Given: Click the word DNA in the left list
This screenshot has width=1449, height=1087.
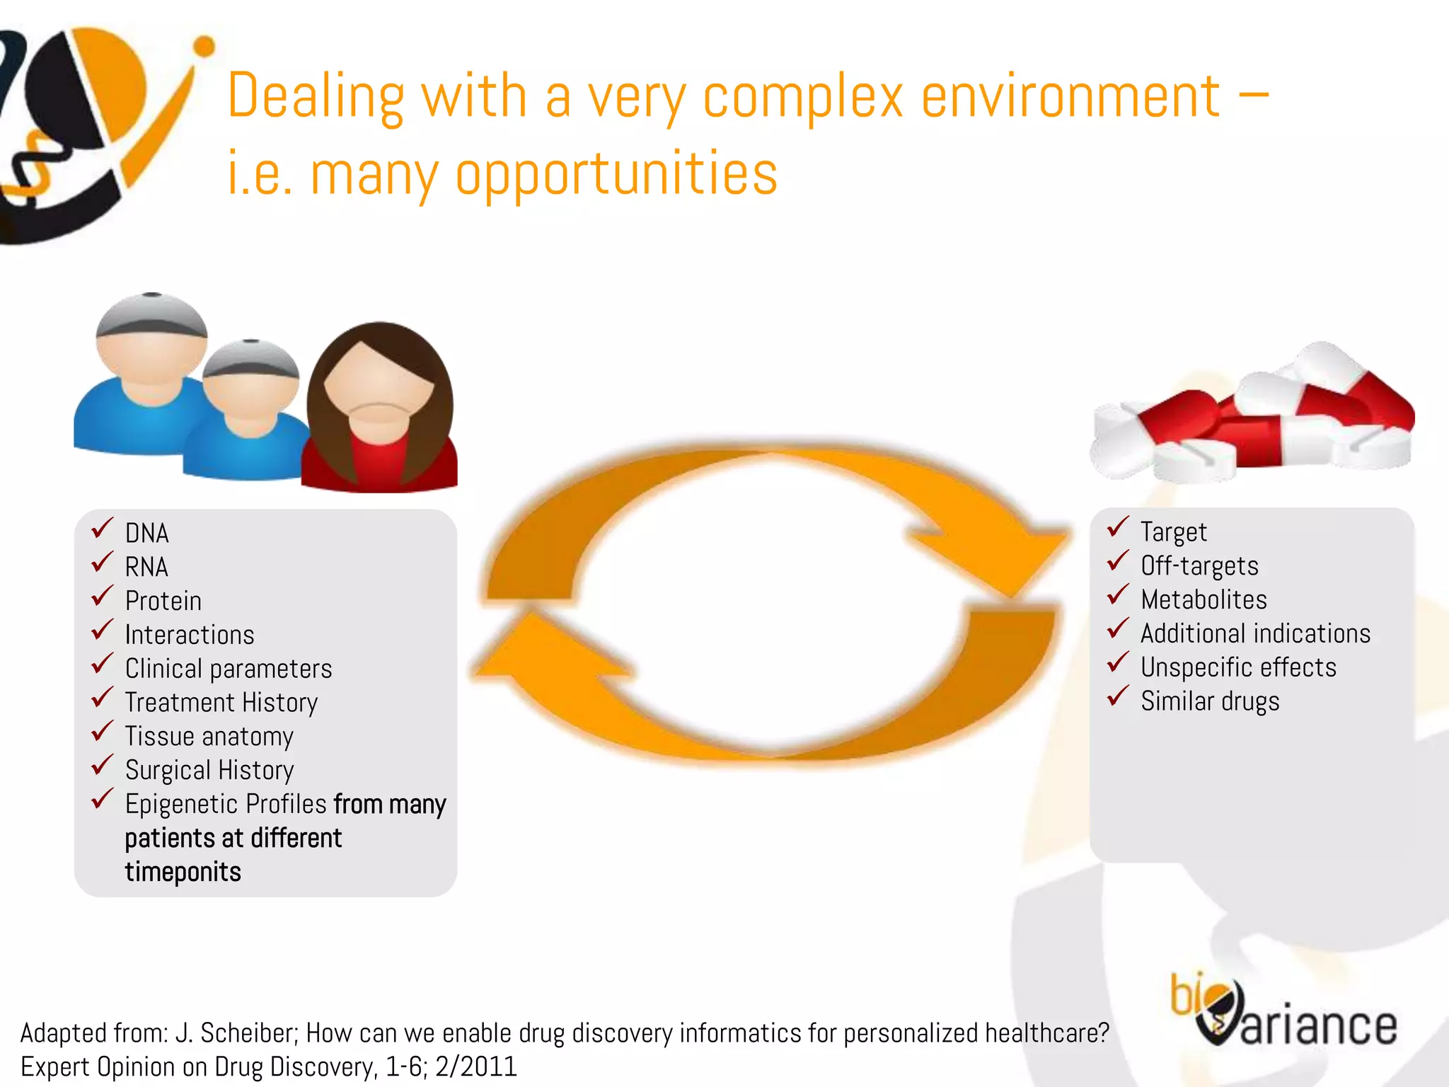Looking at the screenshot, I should pyautogui.click(x=146, y=534).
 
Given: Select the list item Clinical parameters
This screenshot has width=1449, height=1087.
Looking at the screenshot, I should pyautogui.click(x=228, y=669).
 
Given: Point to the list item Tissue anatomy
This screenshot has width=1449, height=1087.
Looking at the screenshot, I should pyautogui.click(x=209, y=737).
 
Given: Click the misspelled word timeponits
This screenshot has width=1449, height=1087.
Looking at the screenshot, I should pyautogui.click(x=183, y=872).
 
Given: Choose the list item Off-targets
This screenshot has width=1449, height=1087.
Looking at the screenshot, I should pyautogui.click(x=1199, y=566).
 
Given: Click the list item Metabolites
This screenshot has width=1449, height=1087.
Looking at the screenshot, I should pyautogui.click(x=1203, y=600).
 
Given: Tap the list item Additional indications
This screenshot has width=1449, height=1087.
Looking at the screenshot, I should pyautogui.click(x=1255, y=633).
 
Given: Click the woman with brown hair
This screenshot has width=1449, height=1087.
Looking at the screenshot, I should pyautogui.click(x=380, y=410).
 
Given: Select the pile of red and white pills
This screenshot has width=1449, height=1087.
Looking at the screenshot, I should pyautogui.click(x=1252, y=418).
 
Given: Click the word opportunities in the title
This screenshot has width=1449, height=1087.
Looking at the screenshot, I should pyautogui.click(x=616, y=174).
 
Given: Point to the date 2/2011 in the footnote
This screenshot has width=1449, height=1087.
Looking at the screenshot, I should pyautogui.click(x=476, y=1066).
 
